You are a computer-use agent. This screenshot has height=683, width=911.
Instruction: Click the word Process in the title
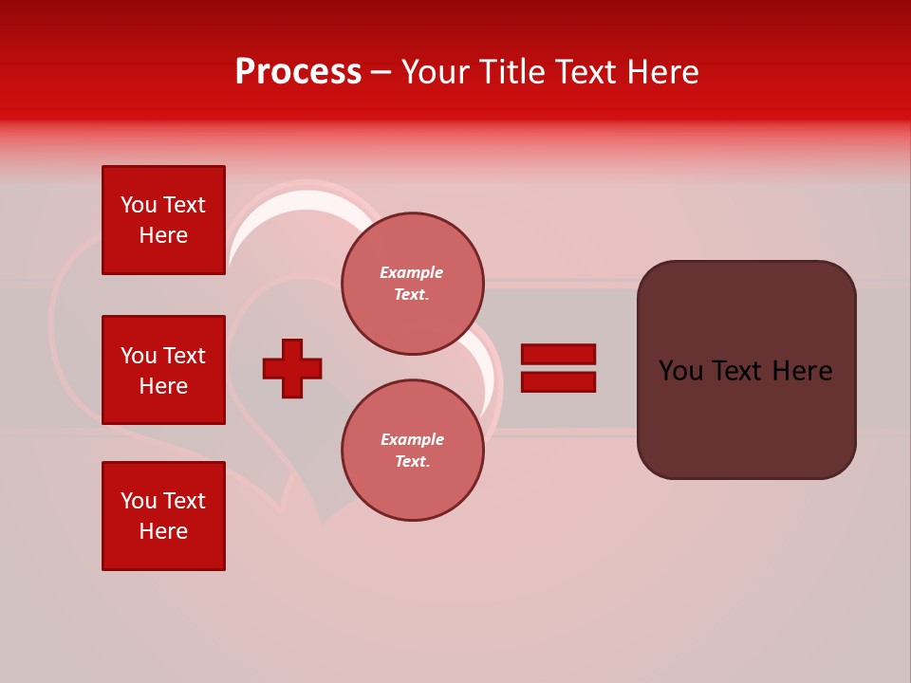pyautogui.click(x=298, y=72)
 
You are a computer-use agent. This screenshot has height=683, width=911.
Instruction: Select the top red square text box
pyautogui.click(x=163, y=220)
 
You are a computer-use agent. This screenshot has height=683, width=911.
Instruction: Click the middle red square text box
pyautogui.click(x=163, y=370)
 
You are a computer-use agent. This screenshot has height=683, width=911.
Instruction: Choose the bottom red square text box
pyautogui.click(x=163, y=516)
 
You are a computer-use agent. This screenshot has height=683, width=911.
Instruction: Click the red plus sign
pyautogui.click(x=292, y=368)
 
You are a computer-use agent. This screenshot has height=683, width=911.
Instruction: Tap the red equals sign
pyautogui.click(x=558, y=368)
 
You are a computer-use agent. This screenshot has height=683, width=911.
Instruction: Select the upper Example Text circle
pyautogui.click(x=412, y=284)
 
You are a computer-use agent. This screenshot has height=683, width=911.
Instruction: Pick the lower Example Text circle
pyautogui.click(x=412, y=451)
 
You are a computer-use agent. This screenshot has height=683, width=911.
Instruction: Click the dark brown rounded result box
pyautogui.click(x=746, y=370)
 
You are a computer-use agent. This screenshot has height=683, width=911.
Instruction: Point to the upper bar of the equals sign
pyautogui.click(x=558, y=354)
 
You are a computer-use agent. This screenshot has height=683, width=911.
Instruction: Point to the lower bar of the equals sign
pyautogui.click(x=558, y=382)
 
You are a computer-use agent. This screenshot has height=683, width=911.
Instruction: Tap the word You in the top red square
pyautogui.click(x=139, y=205)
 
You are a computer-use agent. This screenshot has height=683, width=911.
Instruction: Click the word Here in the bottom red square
pyautogui.click(x=163, y=531)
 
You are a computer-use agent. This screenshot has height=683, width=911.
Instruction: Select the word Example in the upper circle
pyautogui.click(x=412, y=272)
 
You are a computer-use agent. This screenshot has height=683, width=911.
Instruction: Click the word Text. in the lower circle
pyautogui.click(x=412, y=462)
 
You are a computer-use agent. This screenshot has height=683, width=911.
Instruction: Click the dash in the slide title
pyautogui.click(x=381, y=72)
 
